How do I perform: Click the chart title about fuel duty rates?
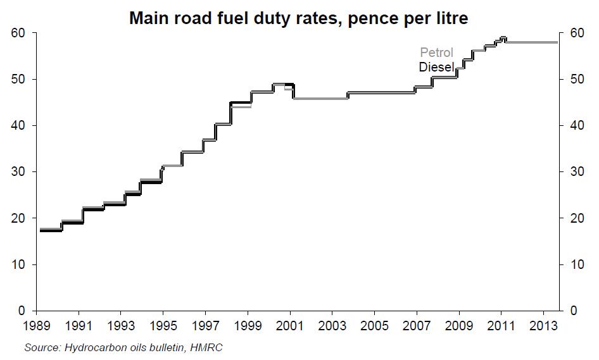298,18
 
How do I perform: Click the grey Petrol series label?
437,53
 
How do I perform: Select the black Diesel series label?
436,67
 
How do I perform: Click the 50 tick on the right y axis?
577,79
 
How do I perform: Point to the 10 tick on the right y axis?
577,264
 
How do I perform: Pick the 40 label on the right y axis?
577,125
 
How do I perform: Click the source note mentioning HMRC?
123,347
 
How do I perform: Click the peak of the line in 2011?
503,38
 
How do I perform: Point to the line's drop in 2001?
293,91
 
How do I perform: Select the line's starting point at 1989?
40,230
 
